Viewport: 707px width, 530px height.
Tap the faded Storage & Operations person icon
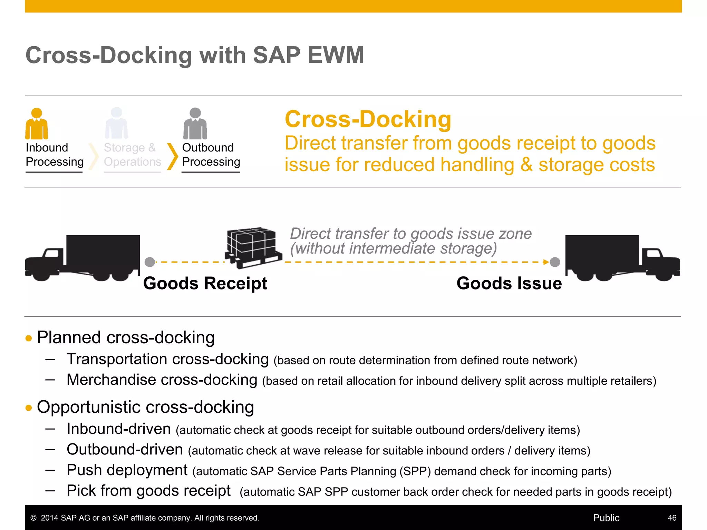(116, 123)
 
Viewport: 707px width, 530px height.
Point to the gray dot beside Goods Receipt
(150, 262)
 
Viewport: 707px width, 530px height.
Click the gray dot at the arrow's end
(555, 262)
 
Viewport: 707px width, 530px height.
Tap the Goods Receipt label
(205, 283)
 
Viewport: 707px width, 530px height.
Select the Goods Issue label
(509, 283)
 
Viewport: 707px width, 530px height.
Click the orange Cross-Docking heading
(368, 119)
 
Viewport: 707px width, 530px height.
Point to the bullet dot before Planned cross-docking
(29, 338)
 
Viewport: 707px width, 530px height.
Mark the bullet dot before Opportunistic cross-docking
(29, 408)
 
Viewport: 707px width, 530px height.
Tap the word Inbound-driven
(119, 429)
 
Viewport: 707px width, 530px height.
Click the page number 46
(672, 518)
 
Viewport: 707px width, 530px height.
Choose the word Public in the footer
(606, 518)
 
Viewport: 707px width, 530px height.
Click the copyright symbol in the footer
(33, 518)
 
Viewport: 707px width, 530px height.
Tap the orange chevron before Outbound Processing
(173, 156)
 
